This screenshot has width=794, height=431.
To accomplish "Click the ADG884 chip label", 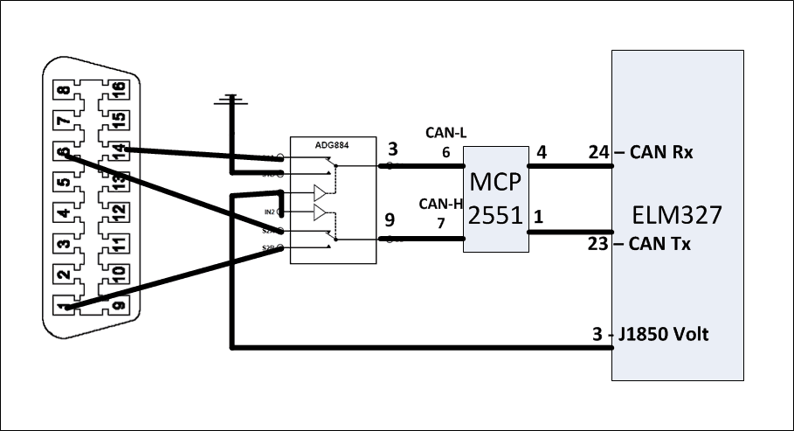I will (x=332, y=146).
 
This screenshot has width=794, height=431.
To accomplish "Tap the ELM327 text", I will (x=678, y=215).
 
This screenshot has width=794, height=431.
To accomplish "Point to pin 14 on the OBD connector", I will (x=117, y=151).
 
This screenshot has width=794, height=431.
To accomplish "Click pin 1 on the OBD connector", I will (x=62, y=306).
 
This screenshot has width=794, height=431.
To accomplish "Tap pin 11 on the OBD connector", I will (x=117, y=244).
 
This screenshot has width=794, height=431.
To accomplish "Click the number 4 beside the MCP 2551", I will (x=541, y=152).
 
